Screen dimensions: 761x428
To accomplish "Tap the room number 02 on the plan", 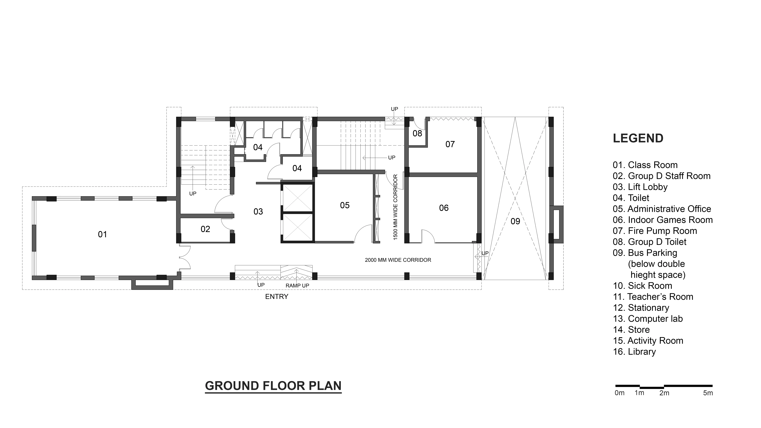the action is click(x=205, y=229).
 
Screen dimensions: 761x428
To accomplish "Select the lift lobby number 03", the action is click(x=258, y=211).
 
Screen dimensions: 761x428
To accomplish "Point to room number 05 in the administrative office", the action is click(x=345, y=205).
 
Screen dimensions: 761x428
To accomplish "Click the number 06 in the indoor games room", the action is click(x=444, y=208).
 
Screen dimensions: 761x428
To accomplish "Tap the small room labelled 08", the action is click(x=417, y=133).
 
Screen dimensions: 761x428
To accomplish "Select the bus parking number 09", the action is click(x=515, y=221).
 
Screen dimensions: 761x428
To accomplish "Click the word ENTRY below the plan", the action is click(x=276, y=297).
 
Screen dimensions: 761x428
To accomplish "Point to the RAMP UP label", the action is click(x=297, y=286).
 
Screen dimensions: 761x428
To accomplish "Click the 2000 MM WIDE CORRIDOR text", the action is click(x=398, y=260).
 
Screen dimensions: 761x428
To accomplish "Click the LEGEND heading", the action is click(x=638, y=138).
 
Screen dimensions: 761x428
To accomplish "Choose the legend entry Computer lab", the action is click(x=648, y=319).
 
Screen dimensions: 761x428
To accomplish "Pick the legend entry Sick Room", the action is click(x=643, y=286).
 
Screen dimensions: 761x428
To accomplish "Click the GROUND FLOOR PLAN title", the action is click(x=273, y=386).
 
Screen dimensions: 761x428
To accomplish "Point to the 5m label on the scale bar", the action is click(x=708, y=393).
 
